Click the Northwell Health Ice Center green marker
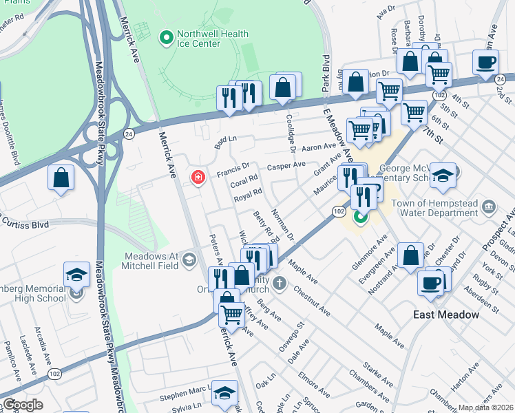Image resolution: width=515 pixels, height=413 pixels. pyautogui.click(x=165, y=37)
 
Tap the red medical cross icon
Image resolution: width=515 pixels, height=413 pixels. pyautogui.click(x=198, y=178)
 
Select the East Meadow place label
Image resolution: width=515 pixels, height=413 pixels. pyautogui.click(x=446, y=315)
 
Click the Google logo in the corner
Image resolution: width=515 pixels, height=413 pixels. pyautogui.click(x=23, y=405)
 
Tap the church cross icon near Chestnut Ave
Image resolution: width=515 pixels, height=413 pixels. pyautogui.click(x=279, y=282)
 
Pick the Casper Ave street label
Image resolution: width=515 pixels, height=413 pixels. pyautogui.click(x=286, y=165)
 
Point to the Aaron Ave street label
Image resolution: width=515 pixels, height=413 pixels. pyautogui.click(x=319, y=147)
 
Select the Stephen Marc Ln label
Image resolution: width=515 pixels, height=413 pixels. pyautogui.click(x=183, y=396)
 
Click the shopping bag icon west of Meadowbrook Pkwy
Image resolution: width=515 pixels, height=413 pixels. pyautogui.click(x=61, y=178)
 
